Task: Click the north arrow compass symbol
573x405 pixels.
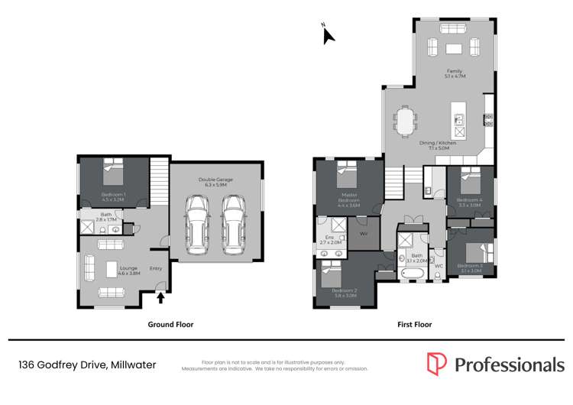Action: (x=327, y=34)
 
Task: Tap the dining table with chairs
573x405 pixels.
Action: (x=404, y=120)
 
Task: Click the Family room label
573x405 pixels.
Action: (x=455, y=73)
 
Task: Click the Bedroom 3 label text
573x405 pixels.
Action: (x=471, y=267)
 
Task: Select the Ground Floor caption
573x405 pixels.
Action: (x=170, y=324)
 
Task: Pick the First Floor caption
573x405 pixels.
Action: (x=415, y=324)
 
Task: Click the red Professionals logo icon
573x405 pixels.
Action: (x=436, y=364)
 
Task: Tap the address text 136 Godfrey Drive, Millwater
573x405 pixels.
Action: (x=87, y=365)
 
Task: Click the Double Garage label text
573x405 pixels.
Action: (x=215, y=181)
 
